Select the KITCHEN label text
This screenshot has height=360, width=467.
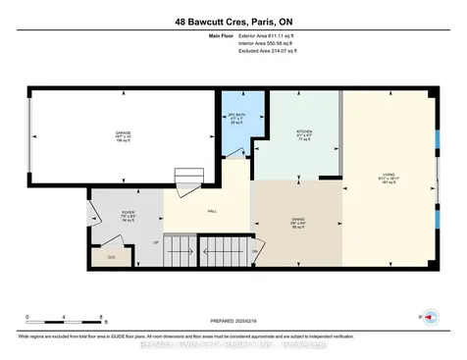point(304,130)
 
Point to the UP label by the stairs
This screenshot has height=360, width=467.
point(153,243)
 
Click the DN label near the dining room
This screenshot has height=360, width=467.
point(254,251)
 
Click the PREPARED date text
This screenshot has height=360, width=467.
point(233,319)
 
